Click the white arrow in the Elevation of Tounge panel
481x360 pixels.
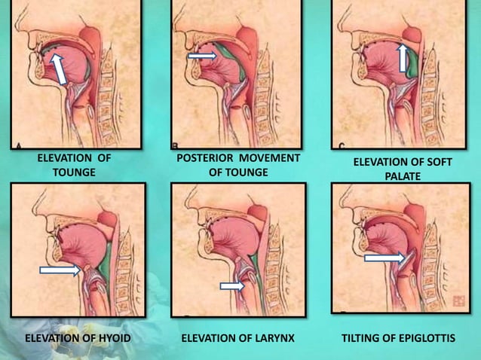click(59, 69)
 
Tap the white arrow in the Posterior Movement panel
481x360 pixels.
click(203, 56)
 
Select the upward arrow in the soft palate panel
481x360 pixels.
click(403, 59)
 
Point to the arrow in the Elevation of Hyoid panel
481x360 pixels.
click(60, 270)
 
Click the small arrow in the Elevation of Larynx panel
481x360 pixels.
click(232, 286)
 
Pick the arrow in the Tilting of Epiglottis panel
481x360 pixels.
click(385, 258)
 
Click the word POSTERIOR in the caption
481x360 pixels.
click(205, 158)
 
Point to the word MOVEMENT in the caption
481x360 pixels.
click(269, 158)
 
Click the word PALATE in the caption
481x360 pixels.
click(403, 176)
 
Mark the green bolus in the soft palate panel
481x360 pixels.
click(412, 63)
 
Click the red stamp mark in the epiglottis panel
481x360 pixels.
click(458, 301)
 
